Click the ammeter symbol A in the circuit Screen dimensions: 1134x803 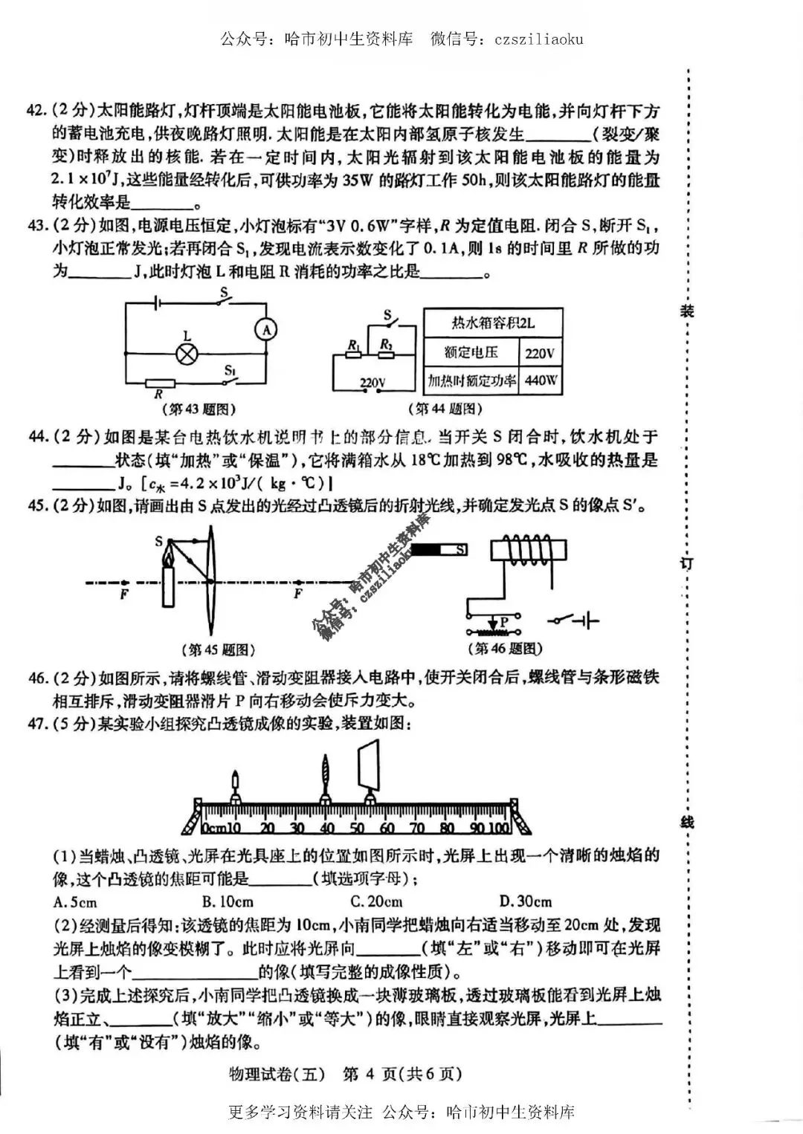pos(262,328)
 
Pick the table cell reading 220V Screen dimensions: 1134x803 pos(540,353)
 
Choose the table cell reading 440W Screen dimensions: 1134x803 pos(541,380)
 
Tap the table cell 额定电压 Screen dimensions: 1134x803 pos(470,353)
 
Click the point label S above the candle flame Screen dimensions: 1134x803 pos(159,542)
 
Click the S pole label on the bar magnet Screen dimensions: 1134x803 pos(461,550)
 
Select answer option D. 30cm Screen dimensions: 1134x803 pos(526,902)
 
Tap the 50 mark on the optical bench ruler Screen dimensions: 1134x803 pos(357,829)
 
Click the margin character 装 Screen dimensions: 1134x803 pos(687,311)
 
